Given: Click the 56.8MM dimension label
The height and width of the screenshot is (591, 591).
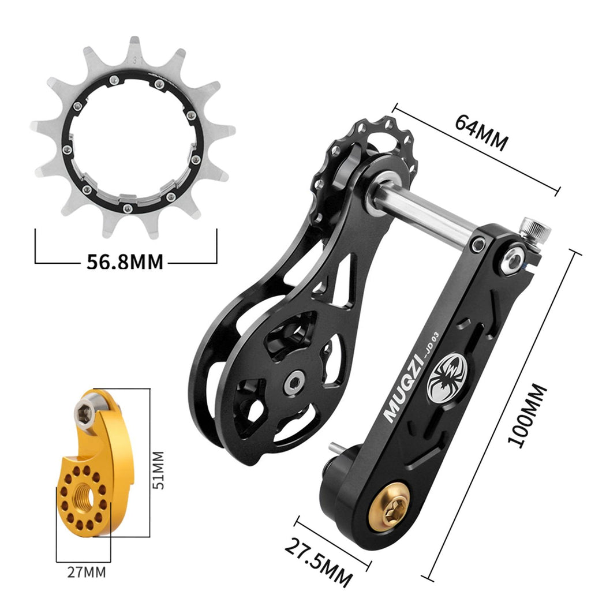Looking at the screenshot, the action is (x=125, y=261).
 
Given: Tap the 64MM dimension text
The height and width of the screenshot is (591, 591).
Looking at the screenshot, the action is (x=481, y=132).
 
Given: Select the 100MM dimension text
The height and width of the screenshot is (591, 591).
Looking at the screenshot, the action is (x=527, y=416).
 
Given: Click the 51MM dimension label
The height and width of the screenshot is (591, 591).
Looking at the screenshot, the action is (x=158, y=470).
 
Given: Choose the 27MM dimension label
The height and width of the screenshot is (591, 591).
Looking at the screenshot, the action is (x=87, y=572).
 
